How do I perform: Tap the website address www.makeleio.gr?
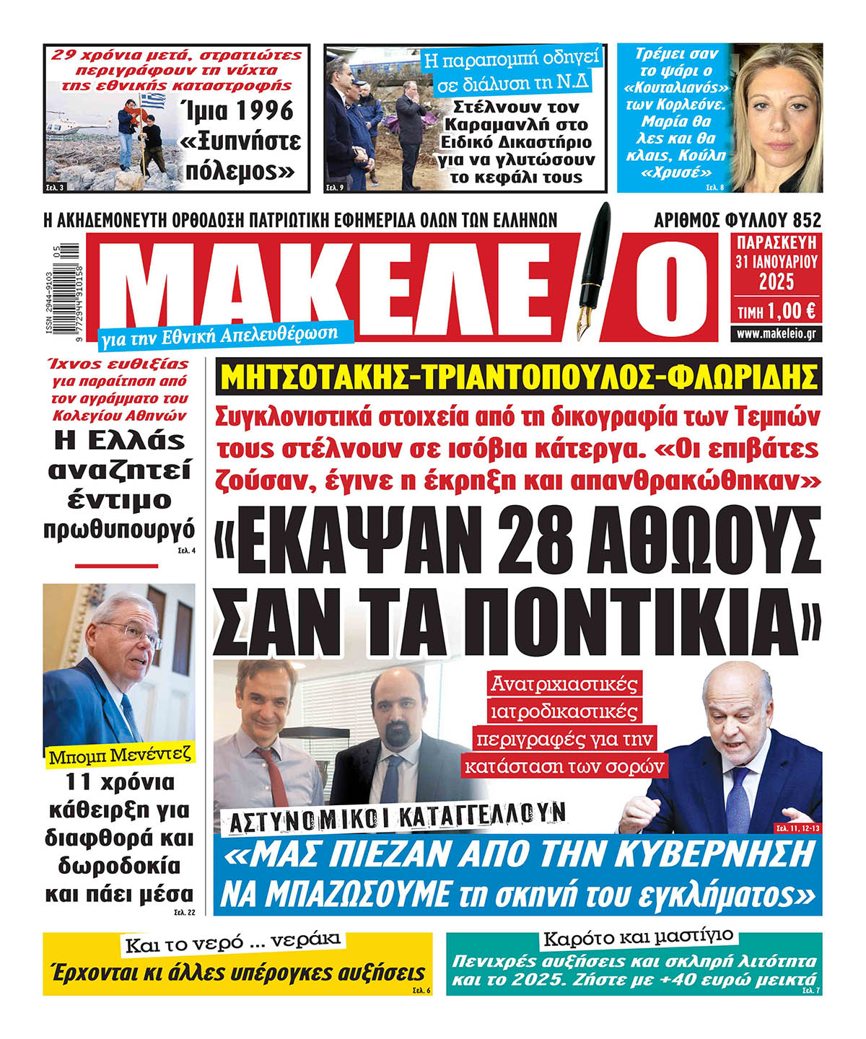point(777,333)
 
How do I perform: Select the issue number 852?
point(805,219)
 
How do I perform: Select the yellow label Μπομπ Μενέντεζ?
point(121,755)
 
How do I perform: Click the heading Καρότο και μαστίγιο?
point(638,938)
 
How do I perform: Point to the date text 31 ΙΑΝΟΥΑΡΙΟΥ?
point(777,262)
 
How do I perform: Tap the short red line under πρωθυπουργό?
point(116,566)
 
